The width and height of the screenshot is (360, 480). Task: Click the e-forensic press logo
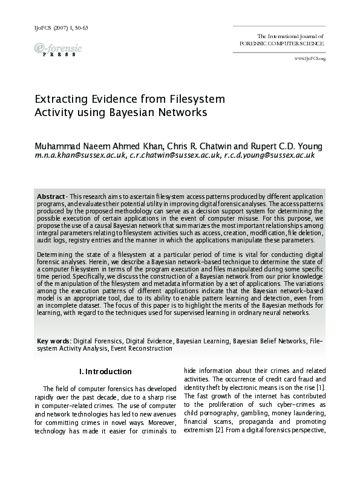pyautogui.click(x=58, y=49)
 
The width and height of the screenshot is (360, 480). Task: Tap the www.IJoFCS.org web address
pyautogui.click(x=310, y=59)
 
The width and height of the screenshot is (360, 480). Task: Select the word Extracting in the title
pyautogui.click(x=62, y=99)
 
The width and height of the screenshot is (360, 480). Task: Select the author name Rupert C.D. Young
pyautogui.click(x=288, y=146)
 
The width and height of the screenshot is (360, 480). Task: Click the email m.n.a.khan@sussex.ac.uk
pyautogui.click(x=81, y=155)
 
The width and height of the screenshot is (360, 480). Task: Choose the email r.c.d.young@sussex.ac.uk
pyautogui.click(x=269, y=155)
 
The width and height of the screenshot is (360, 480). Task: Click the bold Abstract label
pyautogui.click(x=51, y=197)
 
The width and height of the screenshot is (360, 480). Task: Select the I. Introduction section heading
pyautogui.click(x=105, y=371)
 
